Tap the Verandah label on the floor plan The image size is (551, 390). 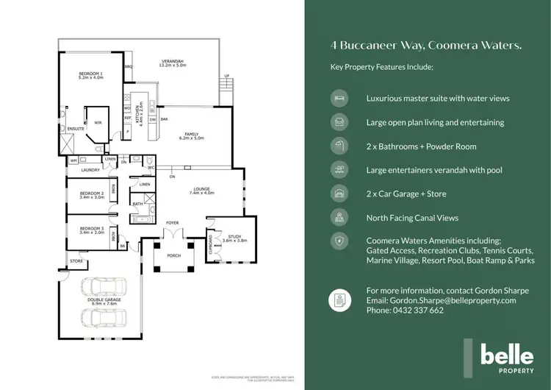point(173,63)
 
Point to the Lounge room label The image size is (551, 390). point(201,190)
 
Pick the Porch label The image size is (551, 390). point(174,256)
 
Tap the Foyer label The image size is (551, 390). point(173,221)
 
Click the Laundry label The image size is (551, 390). point(90,170)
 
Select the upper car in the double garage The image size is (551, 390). point(105,290)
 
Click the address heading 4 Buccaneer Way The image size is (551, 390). point(426,46)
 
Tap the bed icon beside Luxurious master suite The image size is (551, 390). point(339,98)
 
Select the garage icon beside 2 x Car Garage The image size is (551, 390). point(339,194)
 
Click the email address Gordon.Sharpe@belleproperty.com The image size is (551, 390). point(441,300)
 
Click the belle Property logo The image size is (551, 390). point(507,358)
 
